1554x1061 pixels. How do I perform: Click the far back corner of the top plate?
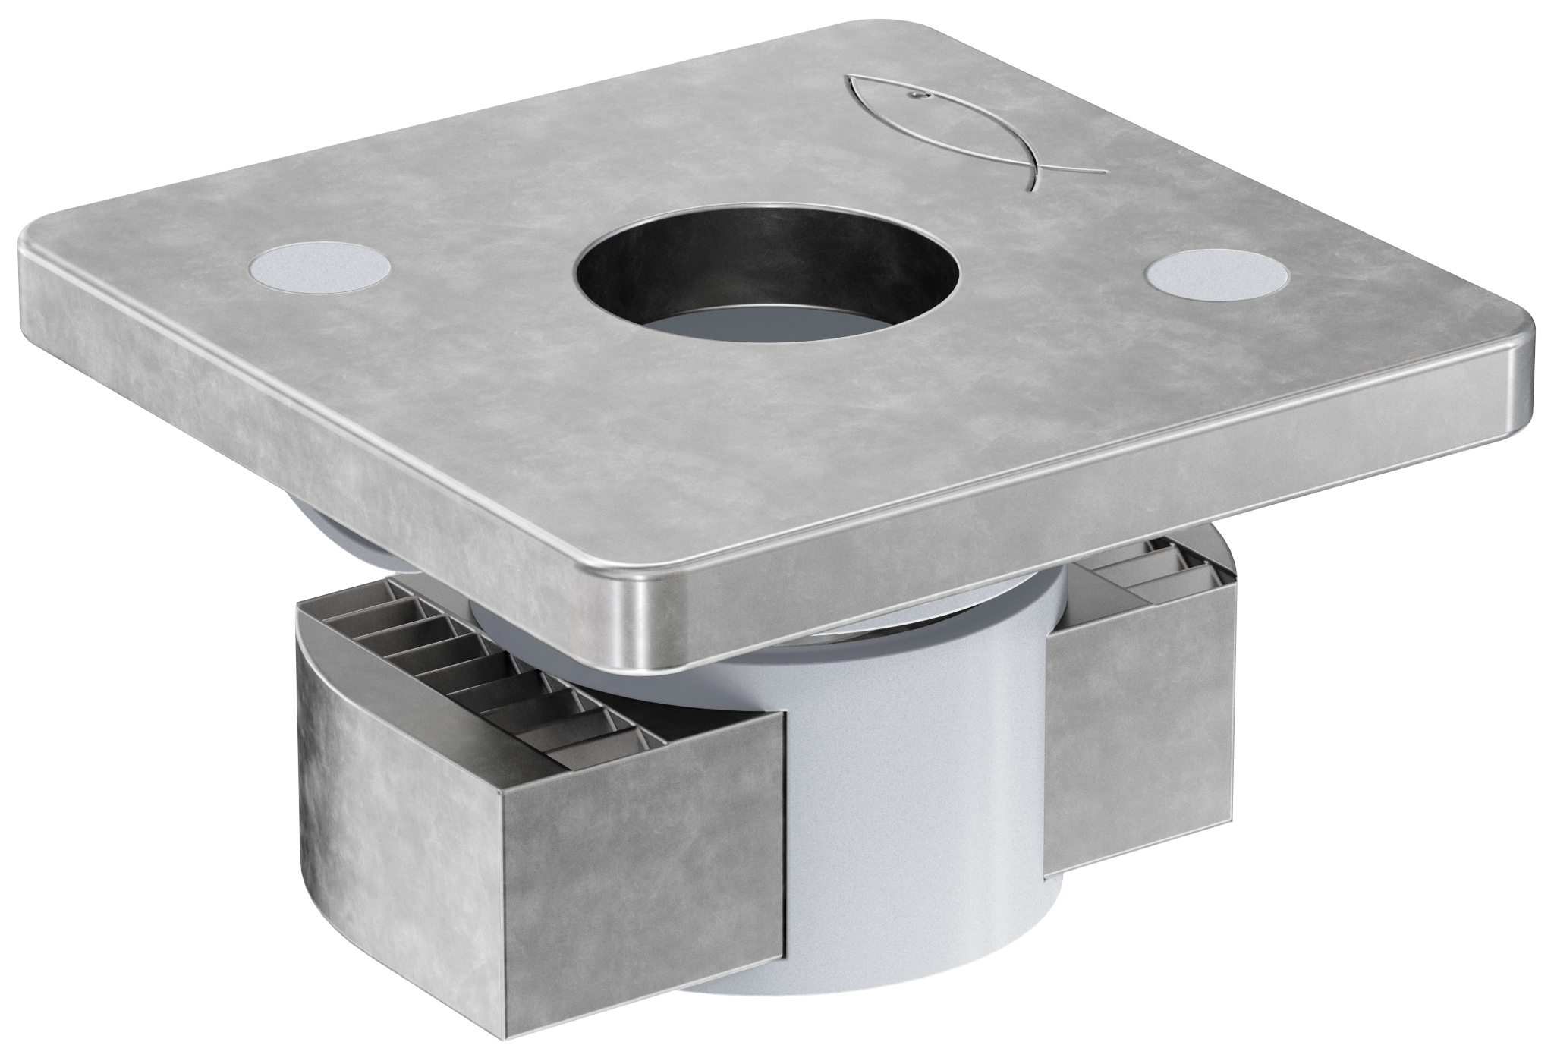880,23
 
